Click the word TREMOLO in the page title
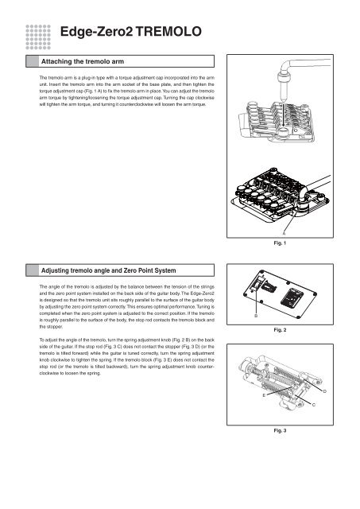(168, 32)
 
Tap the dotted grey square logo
(38, 37)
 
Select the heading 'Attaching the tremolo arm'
(83, 61)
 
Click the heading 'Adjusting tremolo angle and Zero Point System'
(108, 270)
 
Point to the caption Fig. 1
(280, 243)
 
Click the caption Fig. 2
(280, 330)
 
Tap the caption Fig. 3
(280, 430)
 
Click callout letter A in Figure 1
(285, 233)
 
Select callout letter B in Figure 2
(256, 316)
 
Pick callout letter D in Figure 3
(325, 391)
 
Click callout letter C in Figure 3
(314, 405)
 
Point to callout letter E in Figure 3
(264, 395)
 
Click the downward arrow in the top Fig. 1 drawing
(283, 115)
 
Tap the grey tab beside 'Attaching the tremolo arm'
(33, 61)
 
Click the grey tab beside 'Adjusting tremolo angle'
(33, 270)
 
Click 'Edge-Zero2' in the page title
(97, 32)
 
